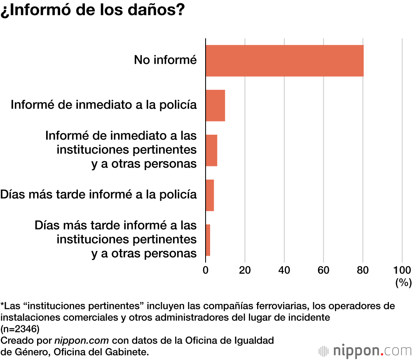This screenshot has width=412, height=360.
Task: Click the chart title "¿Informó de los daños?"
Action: click(92, 11)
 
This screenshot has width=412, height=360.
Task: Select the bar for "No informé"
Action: click(284, 61)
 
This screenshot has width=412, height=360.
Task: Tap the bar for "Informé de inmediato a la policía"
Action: click(215, 105)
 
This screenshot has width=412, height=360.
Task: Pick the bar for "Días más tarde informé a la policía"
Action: click(210, 195)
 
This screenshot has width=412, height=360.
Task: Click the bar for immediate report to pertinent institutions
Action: click(211, 150)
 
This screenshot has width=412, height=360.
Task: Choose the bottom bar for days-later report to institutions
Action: click(208, 240)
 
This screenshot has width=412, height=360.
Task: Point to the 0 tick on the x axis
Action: click(206, 270)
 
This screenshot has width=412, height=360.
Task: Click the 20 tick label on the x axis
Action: click(245, 270)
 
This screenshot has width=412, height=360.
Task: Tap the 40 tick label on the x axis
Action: click(284, 270)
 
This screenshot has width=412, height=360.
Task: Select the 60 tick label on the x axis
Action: click(323, 270)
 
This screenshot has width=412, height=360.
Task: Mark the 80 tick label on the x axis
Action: click(363, 270)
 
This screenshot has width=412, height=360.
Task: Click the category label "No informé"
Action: click(165, 60)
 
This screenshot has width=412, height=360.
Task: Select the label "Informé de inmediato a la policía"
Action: click(103, 105)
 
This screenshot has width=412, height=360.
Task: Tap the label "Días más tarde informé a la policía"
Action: click(98, 194)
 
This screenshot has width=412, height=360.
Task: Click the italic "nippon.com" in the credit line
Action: click(82, 341)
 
